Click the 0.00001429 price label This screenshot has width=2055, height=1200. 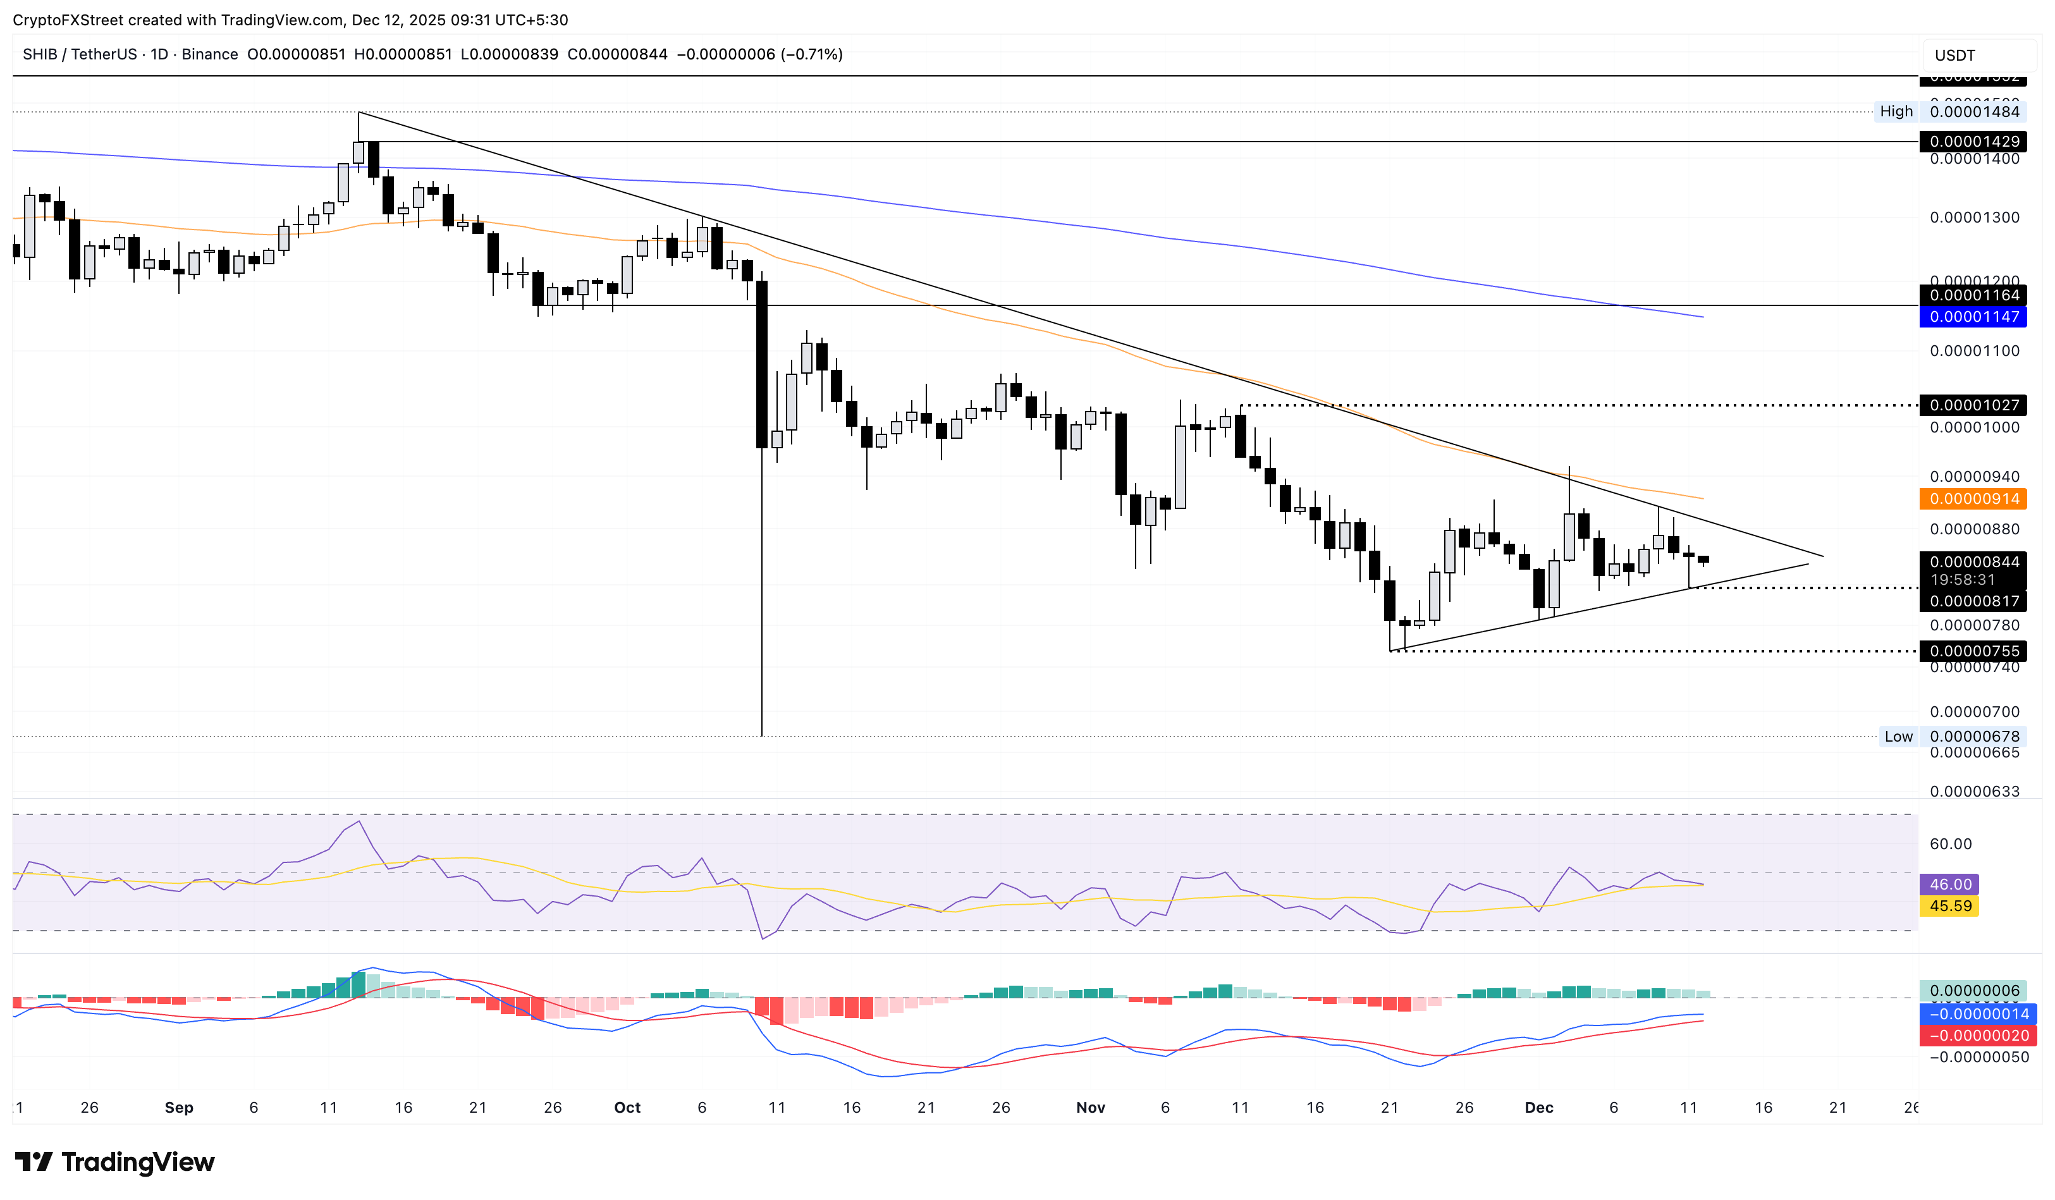click(x=1973, y=142)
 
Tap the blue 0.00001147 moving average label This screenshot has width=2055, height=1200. click(x=1973, y=317)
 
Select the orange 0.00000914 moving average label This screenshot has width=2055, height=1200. click(x=1973, y=499)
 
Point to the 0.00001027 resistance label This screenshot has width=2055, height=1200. click(x=1973, y=405)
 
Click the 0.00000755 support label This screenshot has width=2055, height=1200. click(x=1973, y=651)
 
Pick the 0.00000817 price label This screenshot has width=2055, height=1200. click(x=1973, y=602)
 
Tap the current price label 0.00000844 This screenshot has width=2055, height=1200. click(x=1973, y=561)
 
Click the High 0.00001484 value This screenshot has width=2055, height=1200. click(x=1973, y=112)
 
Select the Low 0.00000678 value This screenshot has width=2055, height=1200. click(x=1973, y=737)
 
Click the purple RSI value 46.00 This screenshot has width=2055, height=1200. click(x=1950, y=885)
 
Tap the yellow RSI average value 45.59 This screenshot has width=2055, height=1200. click(x=1950, y=907)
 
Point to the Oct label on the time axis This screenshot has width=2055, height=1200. click(x=627, y=1108)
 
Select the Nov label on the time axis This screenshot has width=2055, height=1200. click(x=1090, y=1108)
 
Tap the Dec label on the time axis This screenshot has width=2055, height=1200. click(x=1539, y=1108)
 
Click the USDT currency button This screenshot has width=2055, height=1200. click(x=1956, y=56)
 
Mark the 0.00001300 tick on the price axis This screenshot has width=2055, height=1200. click(x=1973, y=217)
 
